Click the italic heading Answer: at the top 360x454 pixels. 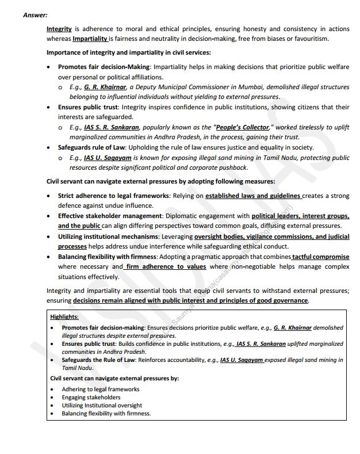[x=35, y=15]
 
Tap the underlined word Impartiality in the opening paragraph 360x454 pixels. [x=90, y=39]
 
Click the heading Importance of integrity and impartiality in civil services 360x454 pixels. [x=128, y=52]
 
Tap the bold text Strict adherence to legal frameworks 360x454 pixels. [x=113, y=196]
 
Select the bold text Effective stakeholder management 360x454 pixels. [x=110, y=216]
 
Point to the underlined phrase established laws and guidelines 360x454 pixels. [x=253, y=196]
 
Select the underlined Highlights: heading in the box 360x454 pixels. [x=64, y=317]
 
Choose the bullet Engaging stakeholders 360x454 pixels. [x=91, y=397]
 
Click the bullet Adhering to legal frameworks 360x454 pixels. [x=100, y=389]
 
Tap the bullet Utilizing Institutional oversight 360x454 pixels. [x=102, y=405]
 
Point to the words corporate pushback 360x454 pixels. [x=221, y=167]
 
